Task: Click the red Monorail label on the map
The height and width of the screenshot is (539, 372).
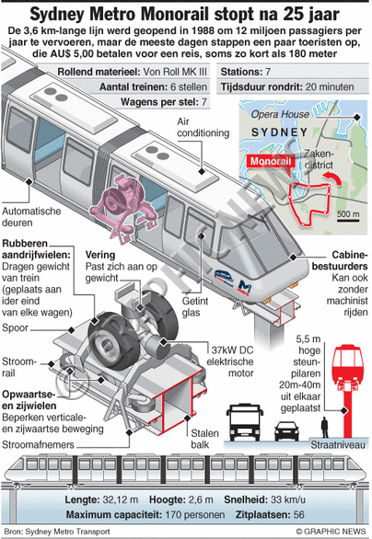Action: [271, 161]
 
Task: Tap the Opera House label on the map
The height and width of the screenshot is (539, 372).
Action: [280, 114]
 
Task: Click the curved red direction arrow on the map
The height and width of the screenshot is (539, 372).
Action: [332, 178]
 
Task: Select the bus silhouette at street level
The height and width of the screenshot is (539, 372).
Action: [245, 422]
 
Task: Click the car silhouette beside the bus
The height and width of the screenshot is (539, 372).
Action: [286, 431]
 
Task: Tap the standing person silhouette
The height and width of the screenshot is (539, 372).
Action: [324, 428]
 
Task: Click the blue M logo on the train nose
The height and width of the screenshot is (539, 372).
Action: [245, 286]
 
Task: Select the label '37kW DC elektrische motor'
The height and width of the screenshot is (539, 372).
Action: [230, 361]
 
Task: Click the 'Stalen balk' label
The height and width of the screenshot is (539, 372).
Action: [204, 439]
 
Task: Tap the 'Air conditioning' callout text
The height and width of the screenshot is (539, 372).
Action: [203, 127]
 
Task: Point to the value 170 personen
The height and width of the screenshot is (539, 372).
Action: [195, 514]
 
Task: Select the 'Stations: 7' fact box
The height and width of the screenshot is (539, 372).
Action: [245, 72]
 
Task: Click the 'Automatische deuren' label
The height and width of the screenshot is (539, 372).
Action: [31, 216]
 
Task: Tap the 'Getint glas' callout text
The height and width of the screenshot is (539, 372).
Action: [195, 306]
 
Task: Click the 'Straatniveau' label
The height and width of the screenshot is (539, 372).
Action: [338, 445]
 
